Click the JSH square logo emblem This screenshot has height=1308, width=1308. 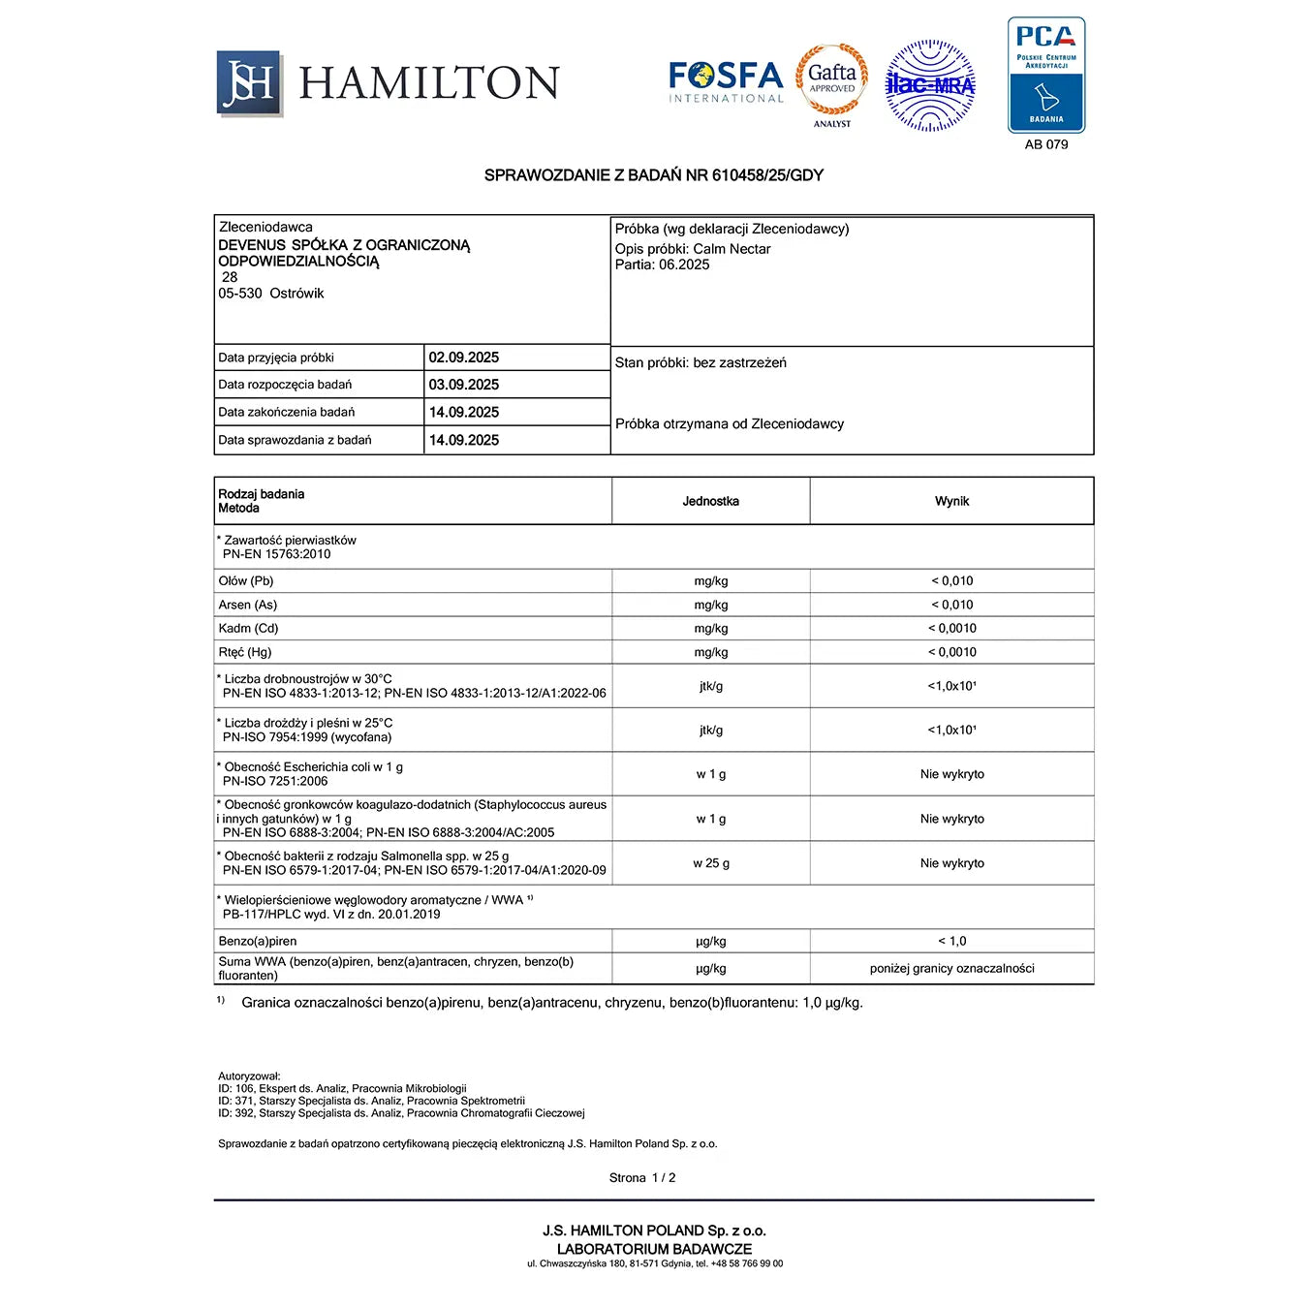pos(249,83)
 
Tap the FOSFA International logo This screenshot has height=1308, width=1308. pos(726,82)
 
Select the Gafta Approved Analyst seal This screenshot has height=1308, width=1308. pos(832,83)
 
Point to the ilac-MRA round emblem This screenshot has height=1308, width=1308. pos(930,85)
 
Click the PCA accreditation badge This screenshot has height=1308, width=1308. pos(1046,75)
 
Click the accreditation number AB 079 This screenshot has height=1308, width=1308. pos(1046,144)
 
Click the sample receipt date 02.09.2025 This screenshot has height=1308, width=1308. pos(464,358)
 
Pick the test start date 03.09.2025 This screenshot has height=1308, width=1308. pos(464,385)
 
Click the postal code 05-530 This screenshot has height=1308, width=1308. pos(240,294)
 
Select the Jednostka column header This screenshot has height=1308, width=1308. pos(710,501)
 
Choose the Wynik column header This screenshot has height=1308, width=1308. pos(951,501)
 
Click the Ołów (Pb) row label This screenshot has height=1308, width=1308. pos(246,581)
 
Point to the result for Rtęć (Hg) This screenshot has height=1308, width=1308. pos(951,652)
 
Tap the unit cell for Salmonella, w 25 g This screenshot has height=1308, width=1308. pos(711,863)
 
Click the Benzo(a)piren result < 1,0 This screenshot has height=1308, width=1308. pos(951,941)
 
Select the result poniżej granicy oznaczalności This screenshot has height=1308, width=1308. pos(951,968)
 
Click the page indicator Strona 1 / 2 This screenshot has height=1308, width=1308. pos(642,1178)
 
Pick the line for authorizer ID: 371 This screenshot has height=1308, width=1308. pos(371,1101)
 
